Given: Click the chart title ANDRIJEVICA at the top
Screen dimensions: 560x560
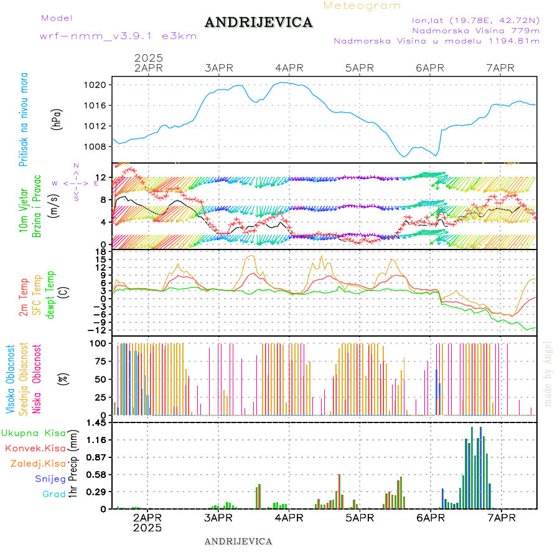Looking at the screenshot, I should tap(259, 23).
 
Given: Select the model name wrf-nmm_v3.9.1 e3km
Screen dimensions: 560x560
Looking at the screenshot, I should tap(118, 36).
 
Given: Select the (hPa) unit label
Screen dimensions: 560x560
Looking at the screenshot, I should tap(57, 118).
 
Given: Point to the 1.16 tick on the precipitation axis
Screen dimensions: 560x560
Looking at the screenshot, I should tap(98, 440).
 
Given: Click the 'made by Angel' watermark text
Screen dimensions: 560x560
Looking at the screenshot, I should tap(548, 373).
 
